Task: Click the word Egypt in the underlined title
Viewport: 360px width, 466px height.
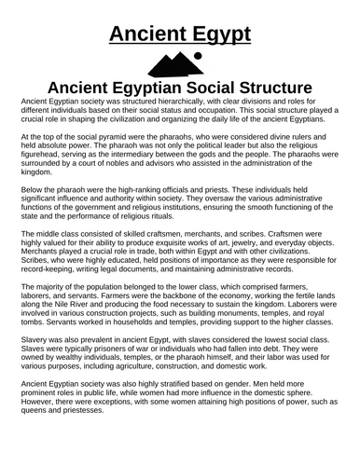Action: [x=216, y=35]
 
